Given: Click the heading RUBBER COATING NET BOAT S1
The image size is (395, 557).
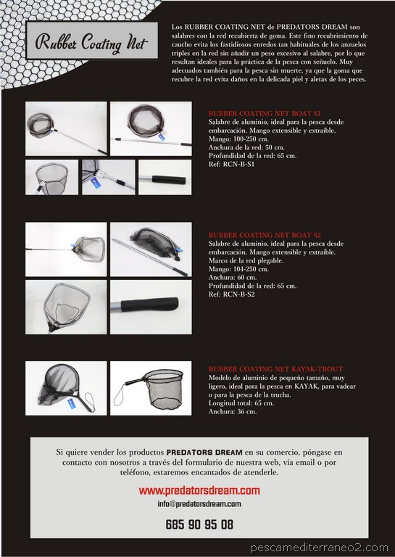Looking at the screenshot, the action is point(254,114).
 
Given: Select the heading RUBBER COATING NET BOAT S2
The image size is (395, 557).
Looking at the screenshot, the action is point(254,235).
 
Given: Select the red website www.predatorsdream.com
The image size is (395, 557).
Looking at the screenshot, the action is point(199,490).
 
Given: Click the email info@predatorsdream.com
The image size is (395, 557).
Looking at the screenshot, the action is point(199,503).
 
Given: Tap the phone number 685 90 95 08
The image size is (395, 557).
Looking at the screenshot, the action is point(199,524).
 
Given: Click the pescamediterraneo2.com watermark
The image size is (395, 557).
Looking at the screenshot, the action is point(320,548).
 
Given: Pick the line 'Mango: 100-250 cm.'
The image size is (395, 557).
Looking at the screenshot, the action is point(236,139).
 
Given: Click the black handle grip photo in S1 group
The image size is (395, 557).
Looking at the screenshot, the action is point(165,177).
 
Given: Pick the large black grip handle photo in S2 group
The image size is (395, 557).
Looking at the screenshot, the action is point(151,307).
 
